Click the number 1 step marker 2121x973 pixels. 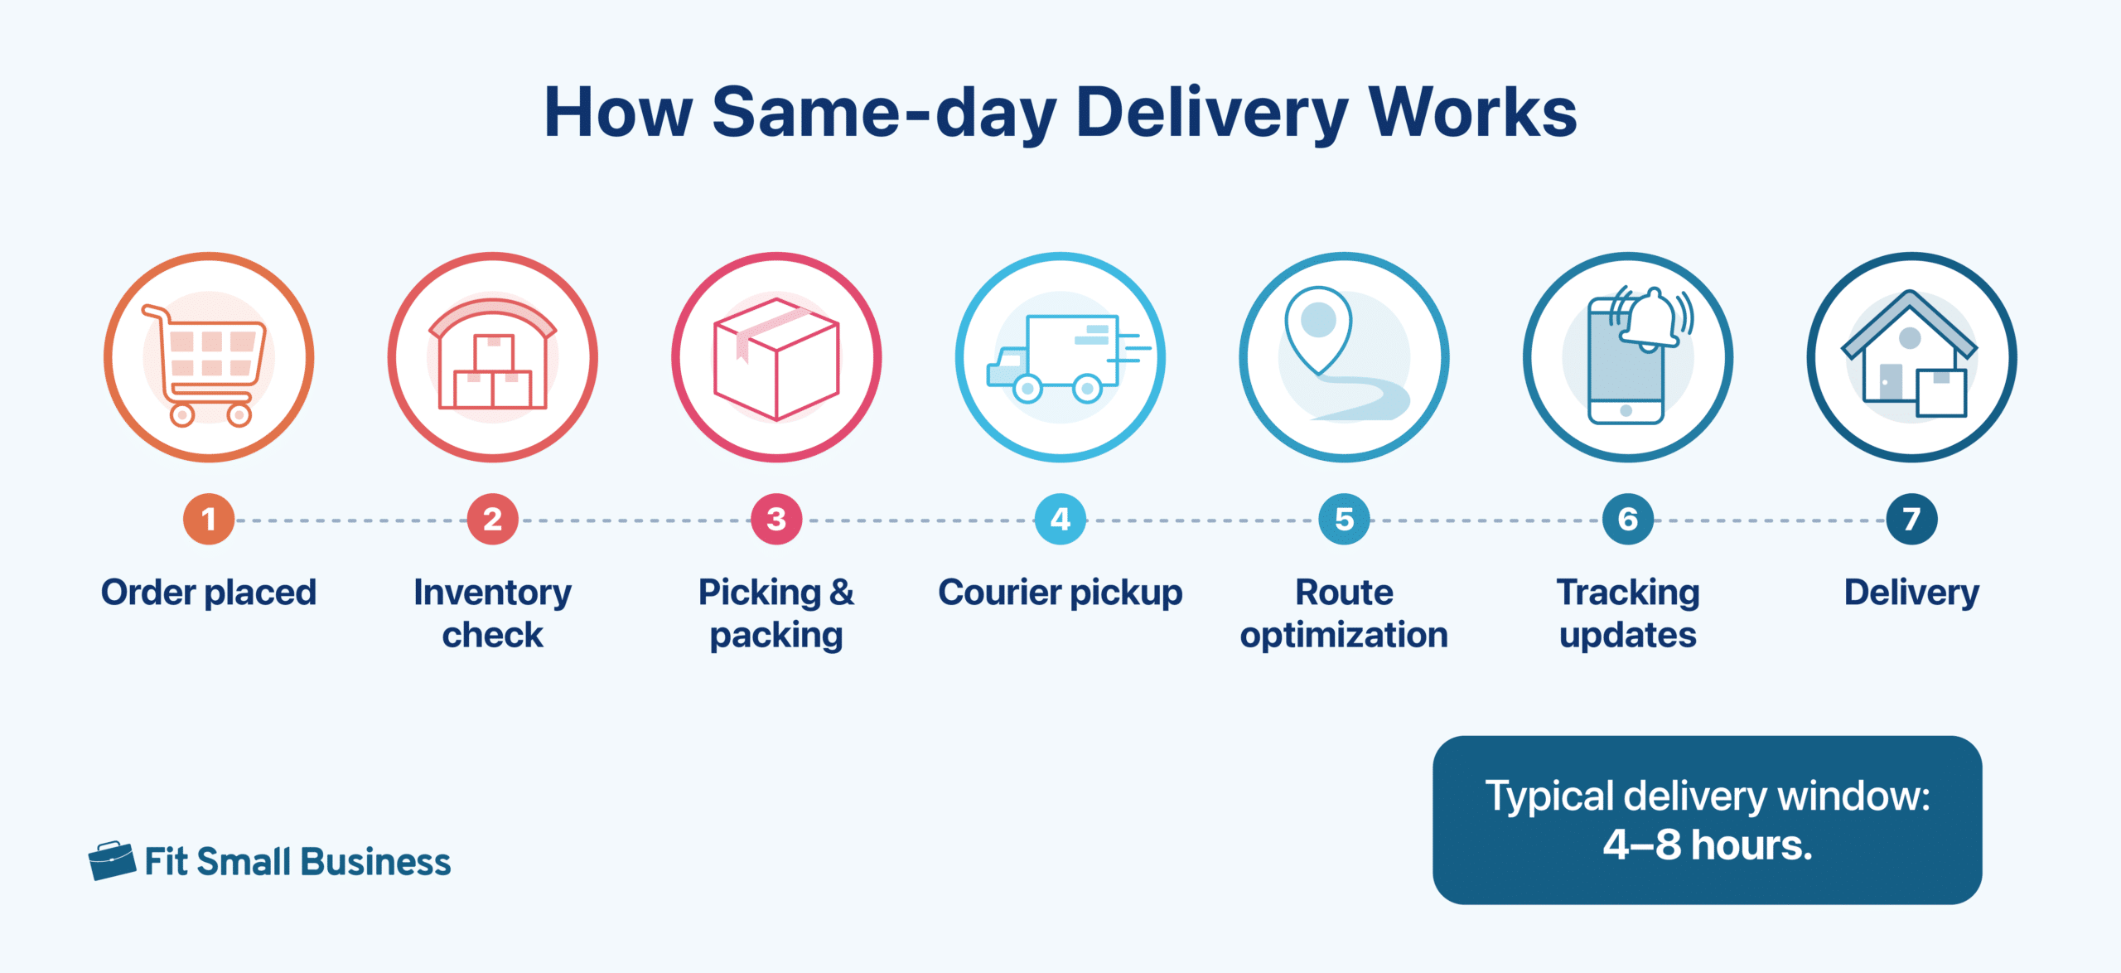pos(209,520)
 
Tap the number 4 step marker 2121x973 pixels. pos(1060,520)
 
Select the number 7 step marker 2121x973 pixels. pos(1911,520)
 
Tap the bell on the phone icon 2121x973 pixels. pos(1651,318)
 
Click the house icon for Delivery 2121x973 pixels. pos(1910,356)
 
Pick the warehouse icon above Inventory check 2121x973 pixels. pos(493,356)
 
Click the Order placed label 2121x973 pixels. pos(209,593)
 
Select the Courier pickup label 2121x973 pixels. pos(1060,593)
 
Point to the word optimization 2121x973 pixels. pos(1344,636)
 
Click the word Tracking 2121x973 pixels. pos(1628,593)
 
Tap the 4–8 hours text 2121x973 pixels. pos(1708,845)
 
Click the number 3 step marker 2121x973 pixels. pos(776,520)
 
